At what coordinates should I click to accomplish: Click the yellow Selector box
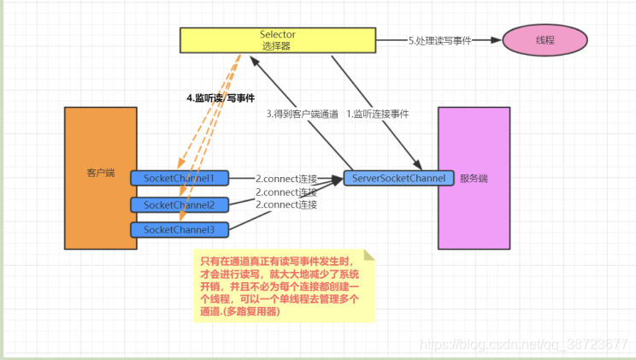point(278,39)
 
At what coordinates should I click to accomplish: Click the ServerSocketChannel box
point(395,178)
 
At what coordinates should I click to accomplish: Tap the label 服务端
point(474,179)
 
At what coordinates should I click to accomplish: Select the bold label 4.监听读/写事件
point(221,98)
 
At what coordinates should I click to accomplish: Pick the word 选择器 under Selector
point(278,46)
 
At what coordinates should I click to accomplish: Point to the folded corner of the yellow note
point(369,255)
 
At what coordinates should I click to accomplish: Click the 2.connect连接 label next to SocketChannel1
point(286,178)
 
